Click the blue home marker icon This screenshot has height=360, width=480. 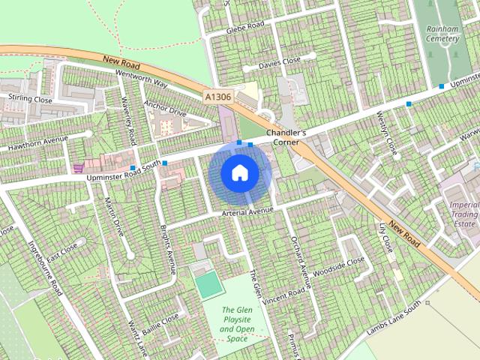[239, 172]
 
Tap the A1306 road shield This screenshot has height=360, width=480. [217, 97]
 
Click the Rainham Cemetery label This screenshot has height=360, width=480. [442, 34]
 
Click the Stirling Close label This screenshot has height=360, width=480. [30, 98]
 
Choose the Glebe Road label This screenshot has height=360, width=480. [245, 28]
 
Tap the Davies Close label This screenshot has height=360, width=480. [280, 62]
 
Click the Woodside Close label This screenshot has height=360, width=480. [339, 265]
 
